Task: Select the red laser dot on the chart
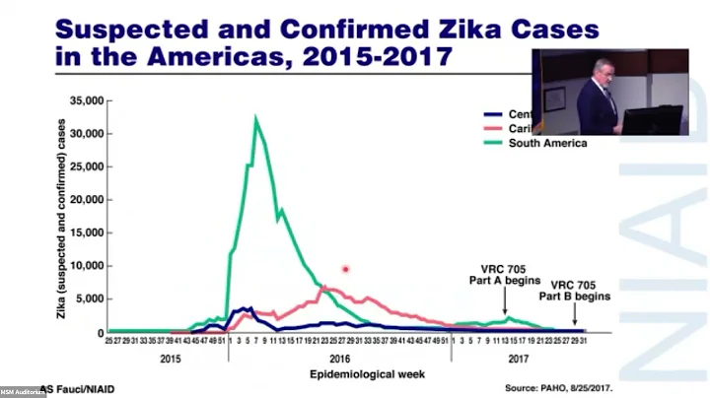click(345, 269)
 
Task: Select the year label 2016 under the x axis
click(339, 361)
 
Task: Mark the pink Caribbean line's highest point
click(328, 289)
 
